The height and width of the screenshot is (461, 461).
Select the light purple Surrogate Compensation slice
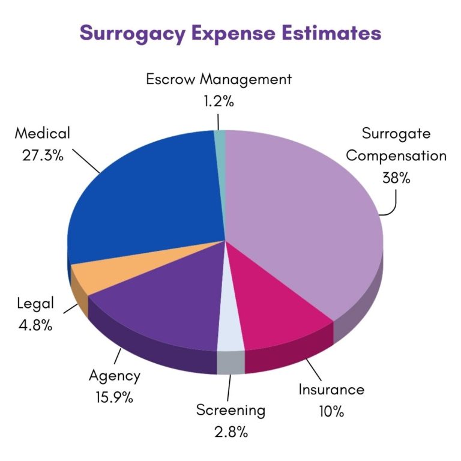coord(306,216)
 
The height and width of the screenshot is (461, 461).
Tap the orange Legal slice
coord(90,273)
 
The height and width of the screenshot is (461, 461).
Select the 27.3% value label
coord(43,155)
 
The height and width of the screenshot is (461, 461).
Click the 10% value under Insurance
coord(331,412)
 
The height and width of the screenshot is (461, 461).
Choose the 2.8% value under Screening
coord(230,432)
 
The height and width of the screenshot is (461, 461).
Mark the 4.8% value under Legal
coord(35,326)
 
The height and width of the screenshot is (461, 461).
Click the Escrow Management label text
coord(218,79)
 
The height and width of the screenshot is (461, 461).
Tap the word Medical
coord(43,133)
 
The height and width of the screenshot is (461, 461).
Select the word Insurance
coord(331,390)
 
